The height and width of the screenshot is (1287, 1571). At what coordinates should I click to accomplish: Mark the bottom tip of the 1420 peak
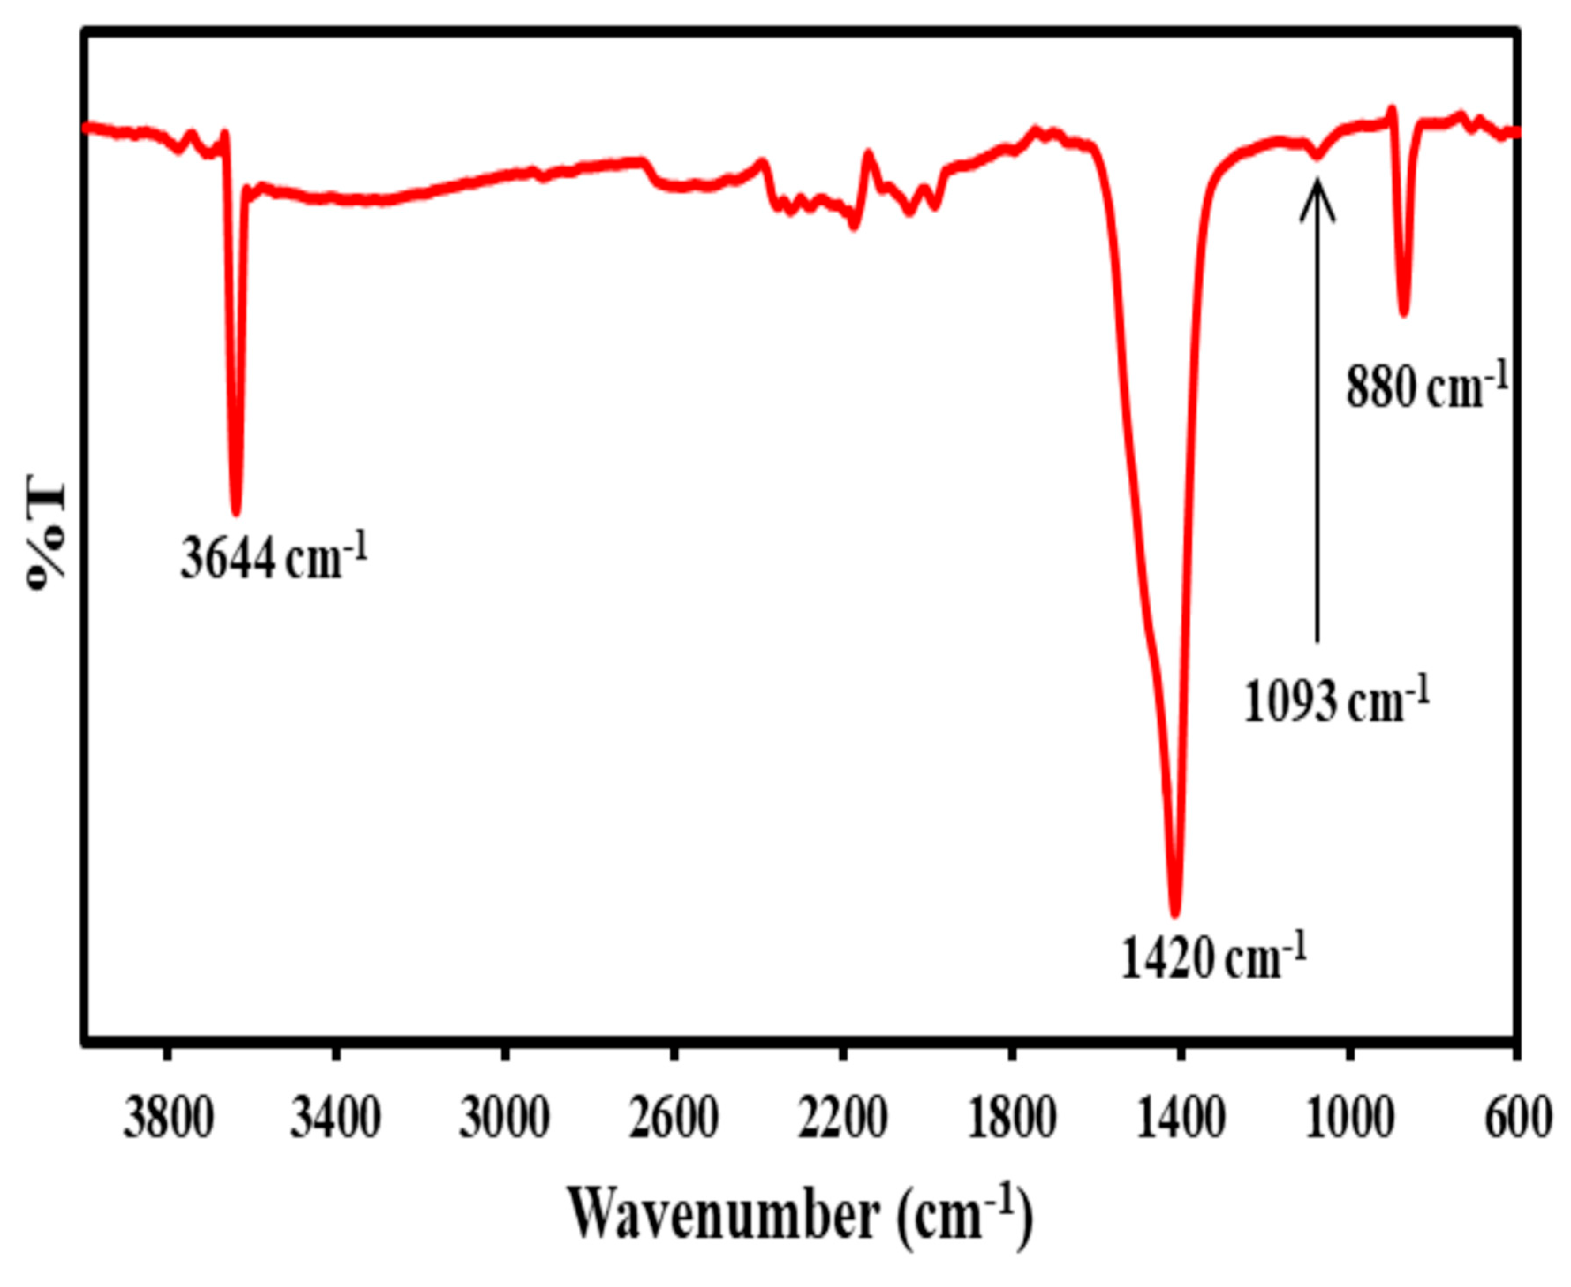click(1174, 913)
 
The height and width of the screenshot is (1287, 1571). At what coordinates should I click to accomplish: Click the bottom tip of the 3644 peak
click(236, 512)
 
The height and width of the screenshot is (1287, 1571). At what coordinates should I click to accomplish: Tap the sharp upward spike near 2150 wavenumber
click(868, 154)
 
